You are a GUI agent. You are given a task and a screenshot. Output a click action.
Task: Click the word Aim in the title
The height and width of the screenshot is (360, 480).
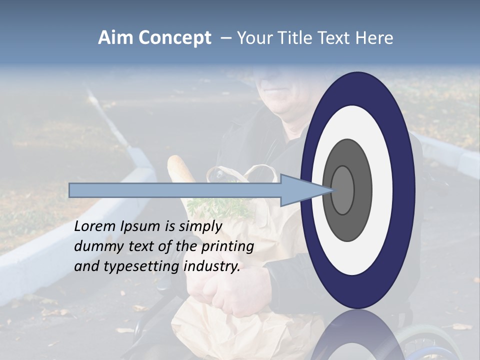115,38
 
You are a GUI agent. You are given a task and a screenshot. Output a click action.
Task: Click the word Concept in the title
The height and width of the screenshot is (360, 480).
174,38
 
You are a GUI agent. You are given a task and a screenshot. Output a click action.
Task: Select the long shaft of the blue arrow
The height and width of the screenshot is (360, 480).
175,190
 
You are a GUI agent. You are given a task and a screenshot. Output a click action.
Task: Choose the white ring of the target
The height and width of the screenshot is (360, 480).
382,190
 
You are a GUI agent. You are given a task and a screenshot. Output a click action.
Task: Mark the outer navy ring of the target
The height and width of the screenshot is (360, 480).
405,190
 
